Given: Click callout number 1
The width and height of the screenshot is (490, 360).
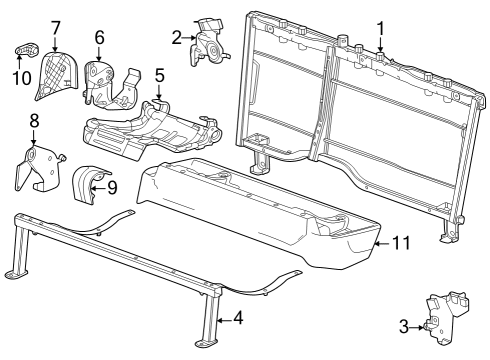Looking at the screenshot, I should coord(379,29).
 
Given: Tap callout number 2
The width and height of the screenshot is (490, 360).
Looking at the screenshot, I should coord(176,38).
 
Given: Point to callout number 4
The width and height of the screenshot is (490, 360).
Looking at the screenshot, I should coord(236,319).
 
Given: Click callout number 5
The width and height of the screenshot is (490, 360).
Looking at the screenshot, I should coord(158,75).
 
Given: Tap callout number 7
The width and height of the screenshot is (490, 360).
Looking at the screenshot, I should coord(56,25).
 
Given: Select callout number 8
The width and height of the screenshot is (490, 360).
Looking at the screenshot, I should coord(33,121).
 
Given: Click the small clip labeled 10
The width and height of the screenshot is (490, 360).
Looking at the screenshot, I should coord(26,50).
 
